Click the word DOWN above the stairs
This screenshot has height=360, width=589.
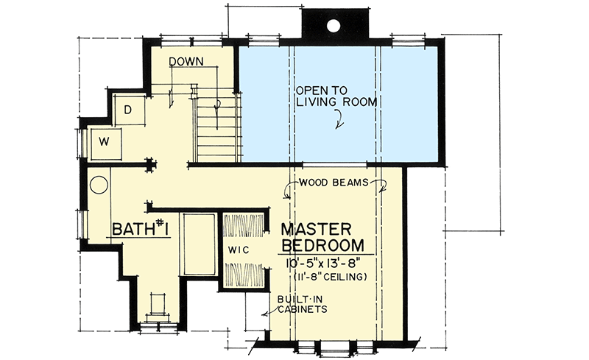point(186,61)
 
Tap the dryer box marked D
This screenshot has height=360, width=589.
point(130,110)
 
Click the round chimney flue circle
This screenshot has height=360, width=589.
point(333,25)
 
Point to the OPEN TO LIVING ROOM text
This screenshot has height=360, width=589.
point(336,96)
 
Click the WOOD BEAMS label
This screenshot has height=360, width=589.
point(334,183)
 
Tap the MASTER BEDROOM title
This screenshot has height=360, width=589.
point(322,238)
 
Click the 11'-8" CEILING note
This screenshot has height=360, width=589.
point(330,278)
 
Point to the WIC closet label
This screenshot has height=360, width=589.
point(238,250)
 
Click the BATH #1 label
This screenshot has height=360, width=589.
point(140,228)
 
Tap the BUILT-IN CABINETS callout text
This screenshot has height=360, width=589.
point(302,304)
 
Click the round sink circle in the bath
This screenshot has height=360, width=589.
point(99,186)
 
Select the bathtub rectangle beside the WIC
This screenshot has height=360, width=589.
point(198,244)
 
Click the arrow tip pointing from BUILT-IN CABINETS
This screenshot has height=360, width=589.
point(263,314)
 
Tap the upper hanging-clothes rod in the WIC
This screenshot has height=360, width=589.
point(244,225)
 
